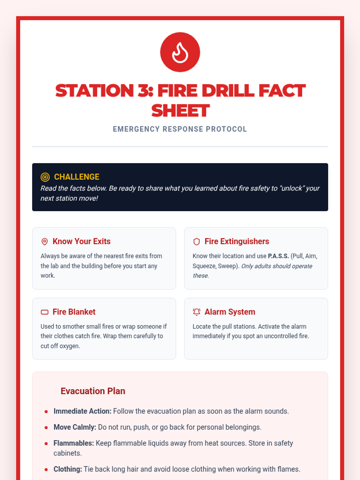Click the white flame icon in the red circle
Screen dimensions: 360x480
(x=180, y=52)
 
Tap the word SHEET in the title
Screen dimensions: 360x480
(x=180, y=111)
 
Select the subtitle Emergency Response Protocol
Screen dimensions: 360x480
(x=180, y=129)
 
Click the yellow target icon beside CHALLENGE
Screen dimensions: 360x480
(x=45, y=177)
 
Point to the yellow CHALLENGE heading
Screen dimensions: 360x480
(x=76, y=177)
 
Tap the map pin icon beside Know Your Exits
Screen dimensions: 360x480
(x=45, y=241)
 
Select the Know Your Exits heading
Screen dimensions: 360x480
(x=82, y=241)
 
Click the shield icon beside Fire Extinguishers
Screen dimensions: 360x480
(x=196, y=241)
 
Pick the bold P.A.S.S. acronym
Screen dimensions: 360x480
(x=278, y=256)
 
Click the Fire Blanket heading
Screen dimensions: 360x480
(x=74, y=312)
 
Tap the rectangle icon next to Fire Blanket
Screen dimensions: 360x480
(x=45, y=312)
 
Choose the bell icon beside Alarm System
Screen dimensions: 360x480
(x=196, y=312)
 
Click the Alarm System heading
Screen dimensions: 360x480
(x=230, y=312)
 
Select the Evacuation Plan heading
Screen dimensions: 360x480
(x=93, y=391)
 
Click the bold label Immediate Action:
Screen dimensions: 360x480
(x=82, y=411)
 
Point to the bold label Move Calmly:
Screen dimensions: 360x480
(x=75, y=427)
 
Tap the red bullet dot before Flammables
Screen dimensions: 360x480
(x=46, y=444)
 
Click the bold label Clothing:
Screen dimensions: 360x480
(x=68, y=469)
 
